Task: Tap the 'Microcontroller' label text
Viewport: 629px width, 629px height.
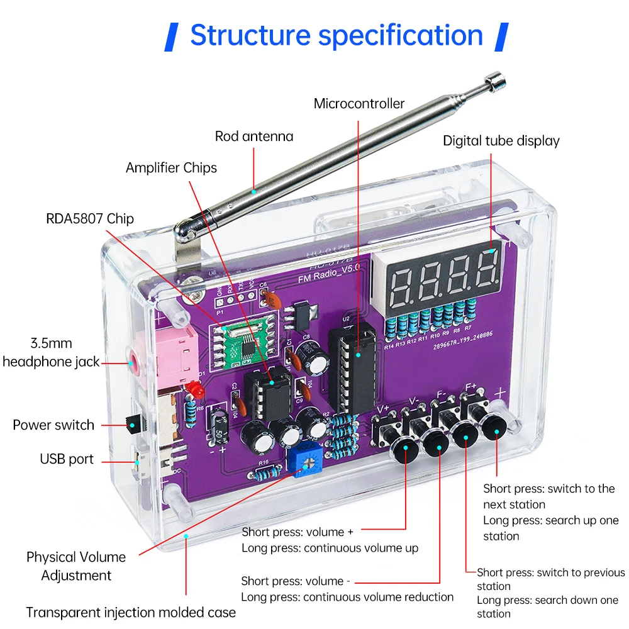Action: [x=359, y=104]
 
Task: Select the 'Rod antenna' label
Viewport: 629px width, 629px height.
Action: [x=253, y=136]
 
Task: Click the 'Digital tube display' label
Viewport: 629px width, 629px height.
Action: [x=501, y=141]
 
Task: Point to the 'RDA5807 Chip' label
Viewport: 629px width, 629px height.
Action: [x=90, y=219]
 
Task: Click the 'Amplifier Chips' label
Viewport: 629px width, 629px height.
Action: [x=171, y=168]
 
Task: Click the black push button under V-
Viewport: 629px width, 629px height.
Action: [x=435, y=443]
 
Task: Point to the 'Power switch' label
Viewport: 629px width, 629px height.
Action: [x=53, y=425]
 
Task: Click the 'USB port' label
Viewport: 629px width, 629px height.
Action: [x=67, y=459]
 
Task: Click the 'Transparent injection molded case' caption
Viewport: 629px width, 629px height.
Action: [x=131, y=612]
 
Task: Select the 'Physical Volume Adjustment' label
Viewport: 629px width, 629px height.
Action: [x=76, y=566]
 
